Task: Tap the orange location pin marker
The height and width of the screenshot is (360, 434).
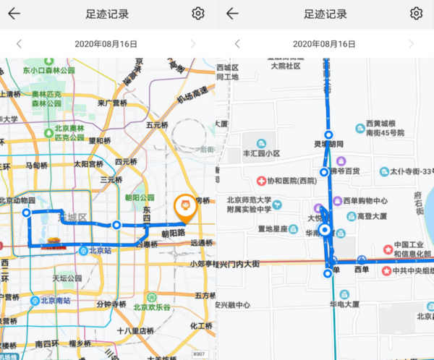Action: (x=185, y=207)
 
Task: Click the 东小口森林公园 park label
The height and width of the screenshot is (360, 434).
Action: (x=48, y=71)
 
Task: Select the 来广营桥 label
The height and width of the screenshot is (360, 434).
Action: (x=113, y=103)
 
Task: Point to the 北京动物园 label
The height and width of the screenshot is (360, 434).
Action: (x=17, y=200)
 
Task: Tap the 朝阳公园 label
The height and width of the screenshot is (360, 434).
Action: (x=140, y=197)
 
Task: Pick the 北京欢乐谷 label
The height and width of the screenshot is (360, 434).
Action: (x=156, y=307)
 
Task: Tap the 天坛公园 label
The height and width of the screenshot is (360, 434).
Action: (x=69, y=278)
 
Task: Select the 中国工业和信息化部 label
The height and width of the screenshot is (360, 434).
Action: (x=413, y=249)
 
